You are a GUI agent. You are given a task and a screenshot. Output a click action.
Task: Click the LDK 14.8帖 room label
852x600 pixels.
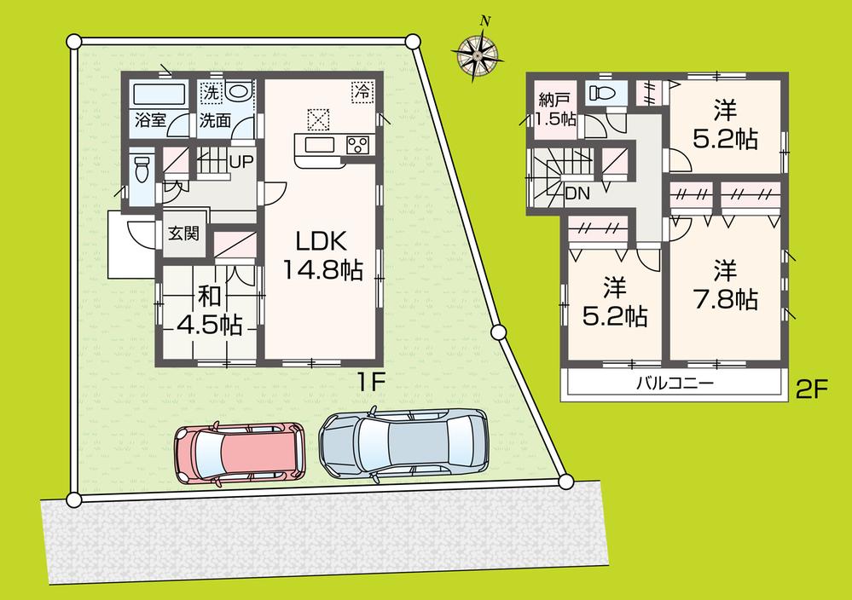(323, 255)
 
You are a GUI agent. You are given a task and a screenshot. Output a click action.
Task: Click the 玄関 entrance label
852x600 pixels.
(183, 233)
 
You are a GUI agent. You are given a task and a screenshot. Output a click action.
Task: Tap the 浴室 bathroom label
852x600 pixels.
(149, 120)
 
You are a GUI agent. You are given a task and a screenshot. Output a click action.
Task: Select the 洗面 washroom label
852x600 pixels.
(215, 120)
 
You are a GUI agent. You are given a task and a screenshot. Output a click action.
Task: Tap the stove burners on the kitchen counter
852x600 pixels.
(356, 145)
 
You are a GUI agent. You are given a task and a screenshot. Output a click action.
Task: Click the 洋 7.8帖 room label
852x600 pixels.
(724, 285)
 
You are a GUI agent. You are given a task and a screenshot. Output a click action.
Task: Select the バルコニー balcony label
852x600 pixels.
(674, 384)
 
